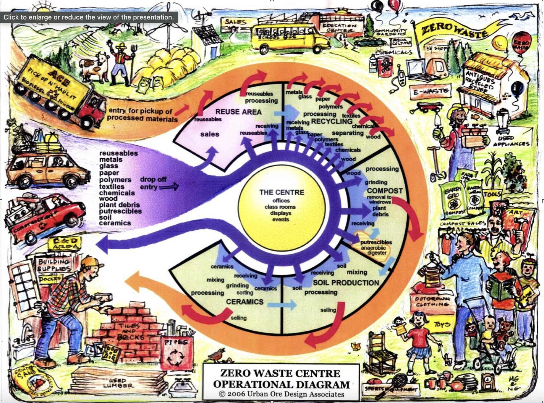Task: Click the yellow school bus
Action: point(290,38)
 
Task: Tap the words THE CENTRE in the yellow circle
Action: point(281,192)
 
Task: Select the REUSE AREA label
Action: point(238,112)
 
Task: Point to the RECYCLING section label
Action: point(331,121)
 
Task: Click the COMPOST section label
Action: point(385,191)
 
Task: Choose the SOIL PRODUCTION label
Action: point(346,283)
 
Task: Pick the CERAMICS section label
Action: point(245,302)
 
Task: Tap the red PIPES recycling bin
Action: point(176,353)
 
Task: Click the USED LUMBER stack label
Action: point(118,383)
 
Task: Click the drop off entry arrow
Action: point(169,187)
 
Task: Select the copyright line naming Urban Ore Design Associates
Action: point(281,394)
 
